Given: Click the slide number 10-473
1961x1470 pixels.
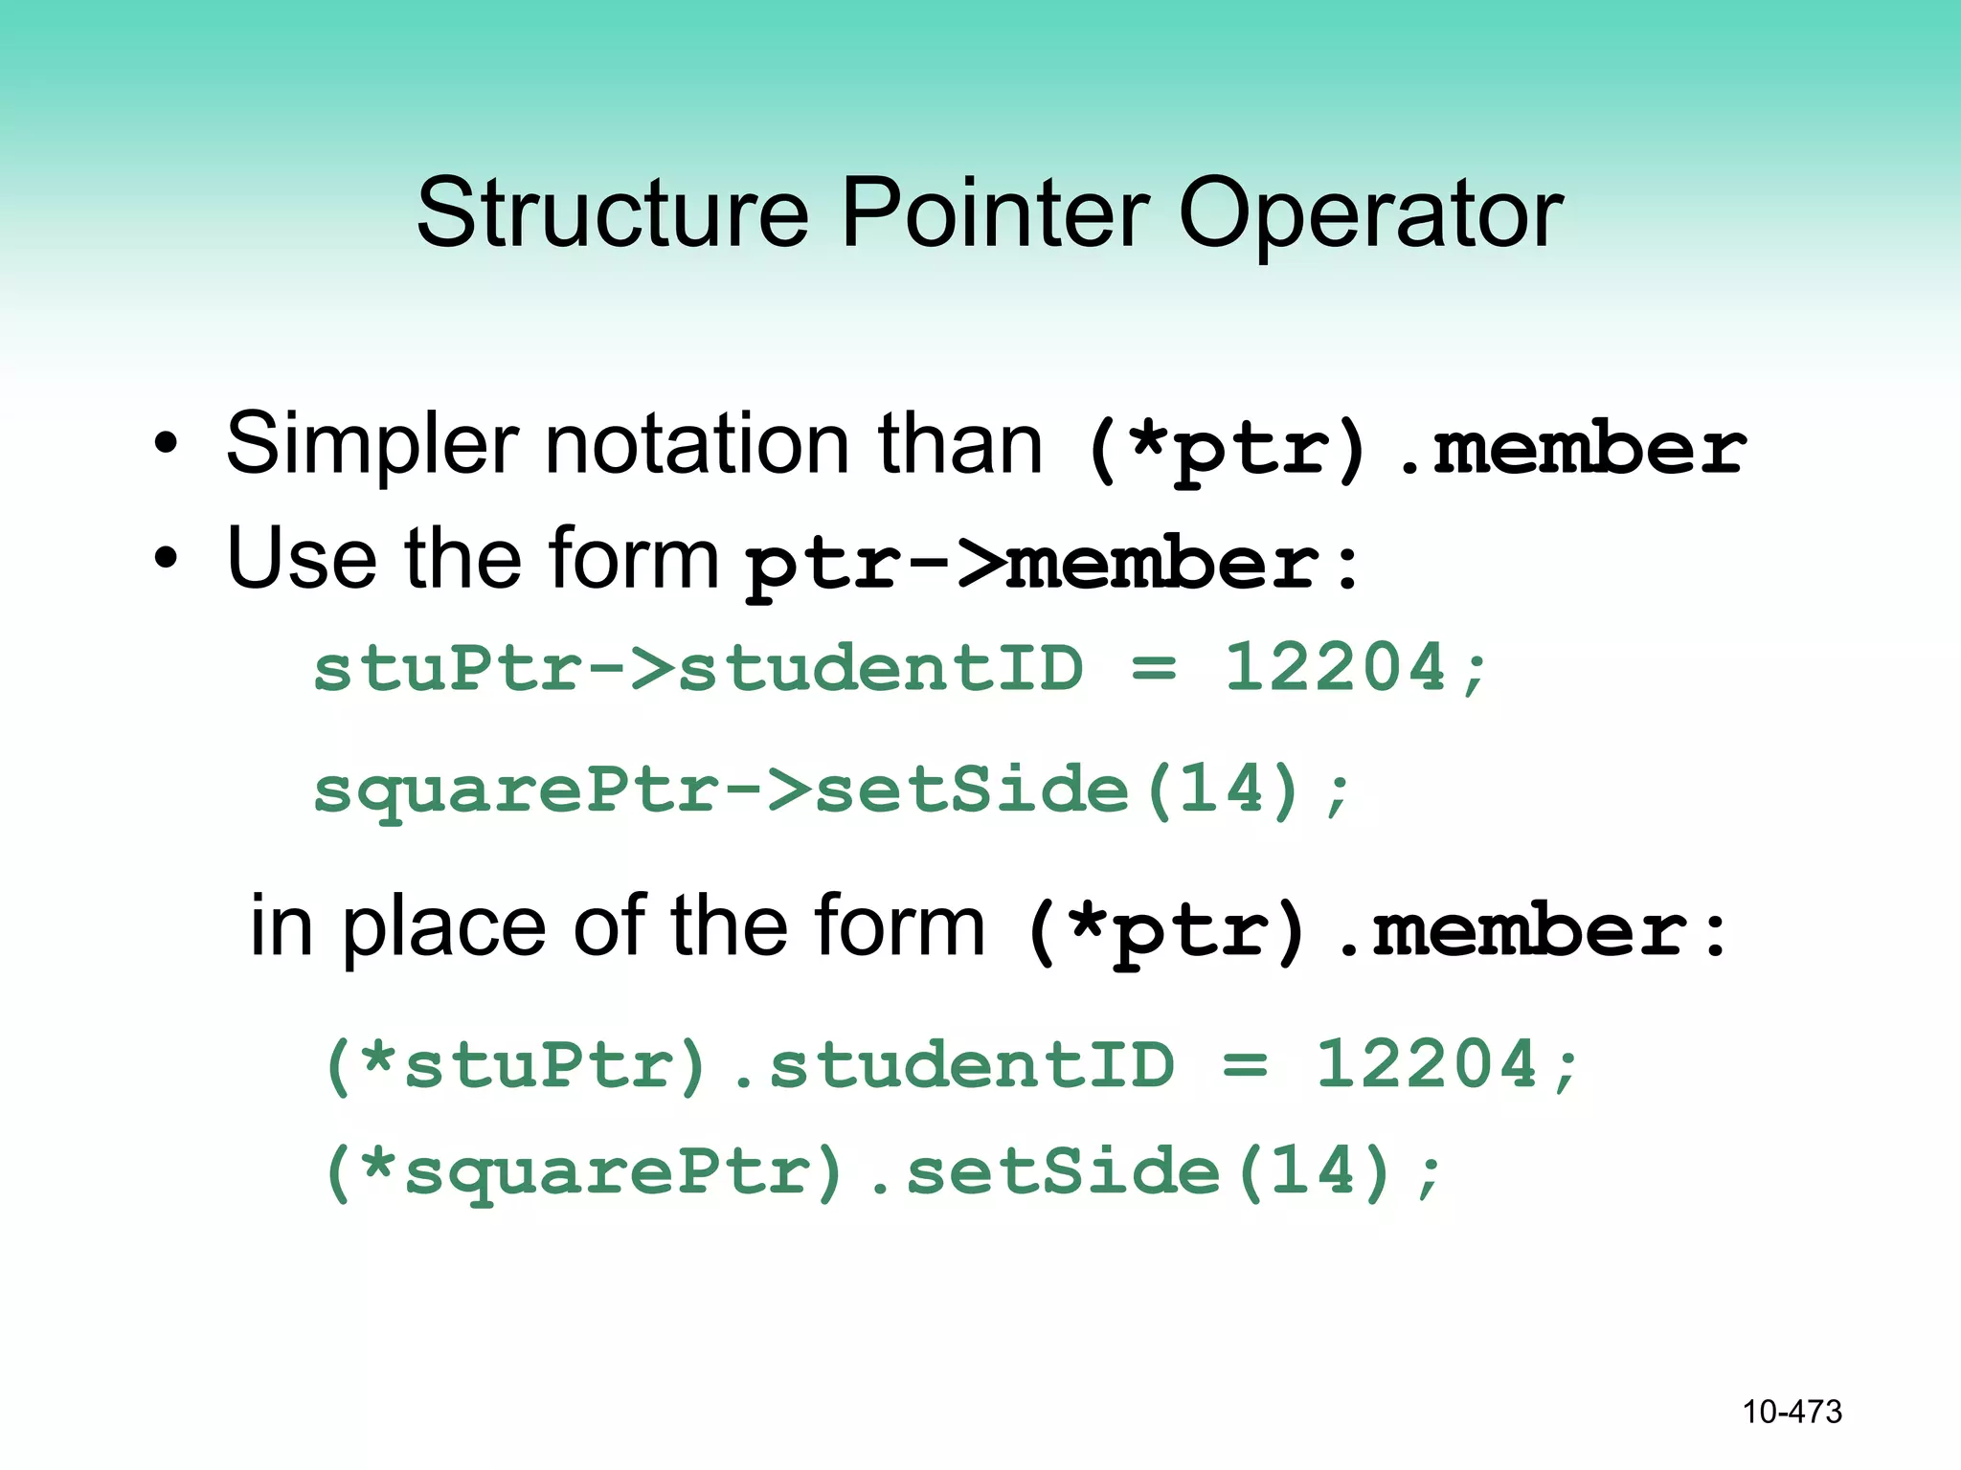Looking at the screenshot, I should (1792, 1412).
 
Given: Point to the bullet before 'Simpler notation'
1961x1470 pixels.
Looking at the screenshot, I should (166, 445).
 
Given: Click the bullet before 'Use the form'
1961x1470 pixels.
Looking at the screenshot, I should (166, 560).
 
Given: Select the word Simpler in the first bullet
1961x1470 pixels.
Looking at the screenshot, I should (372, 445).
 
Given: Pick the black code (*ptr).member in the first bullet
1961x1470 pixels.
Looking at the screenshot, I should (1415, 450).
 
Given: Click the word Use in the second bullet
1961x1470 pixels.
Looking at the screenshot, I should (301, 560).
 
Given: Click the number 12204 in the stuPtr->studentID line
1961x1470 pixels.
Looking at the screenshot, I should (1335, 667).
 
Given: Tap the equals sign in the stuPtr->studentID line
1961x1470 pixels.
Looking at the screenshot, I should (1154, 667).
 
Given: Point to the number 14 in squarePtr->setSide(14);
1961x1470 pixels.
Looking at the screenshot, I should (1223, 790).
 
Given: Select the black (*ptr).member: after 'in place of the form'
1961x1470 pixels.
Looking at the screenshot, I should (1375, 932).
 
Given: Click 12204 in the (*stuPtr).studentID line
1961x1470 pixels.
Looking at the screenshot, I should (1426, 1065).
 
